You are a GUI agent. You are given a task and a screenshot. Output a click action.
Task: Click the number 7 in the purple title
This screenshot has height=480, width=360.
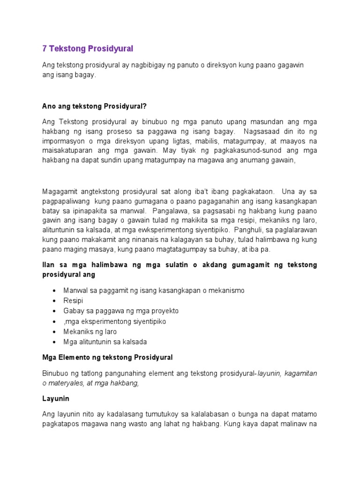[45, 49]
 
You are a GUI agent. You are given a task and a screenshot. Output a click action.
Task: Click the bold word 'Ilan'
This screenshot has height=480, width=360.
[48, 265]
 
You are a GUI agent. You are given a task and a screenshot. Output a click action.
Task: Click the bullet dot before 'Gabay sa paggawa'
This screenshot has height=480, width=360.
[56, 311]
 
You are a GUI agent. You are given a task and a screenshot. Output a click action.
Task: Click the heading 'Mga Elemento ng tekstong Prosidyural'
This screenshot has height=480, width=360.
[107, 357]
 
